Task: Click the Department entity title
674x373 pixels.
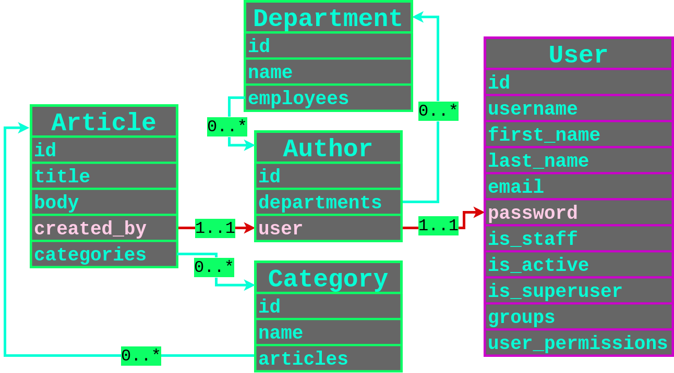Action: tap(328, 19)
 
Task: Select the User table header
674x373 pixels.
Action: tap(579, 55)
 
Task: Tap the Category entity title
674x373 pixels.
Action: tap(328, 279)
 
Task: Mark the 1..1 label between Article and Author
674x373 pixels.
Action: tap(215, 228)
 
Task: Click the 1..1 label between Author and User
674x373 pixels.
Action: tap(438, 226)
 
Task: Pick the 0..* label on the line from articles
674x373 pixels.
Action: tap(141, 356)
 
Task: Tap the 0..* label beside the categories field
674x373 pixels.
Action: tap(214, 267)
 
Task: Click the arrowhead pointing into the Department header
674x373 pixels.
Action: tap(418, 17)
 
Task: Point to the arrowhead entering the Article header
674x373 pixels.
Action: tap(24, 128)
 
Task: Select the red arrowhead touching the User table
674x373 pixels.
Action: tap(479, 212)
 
